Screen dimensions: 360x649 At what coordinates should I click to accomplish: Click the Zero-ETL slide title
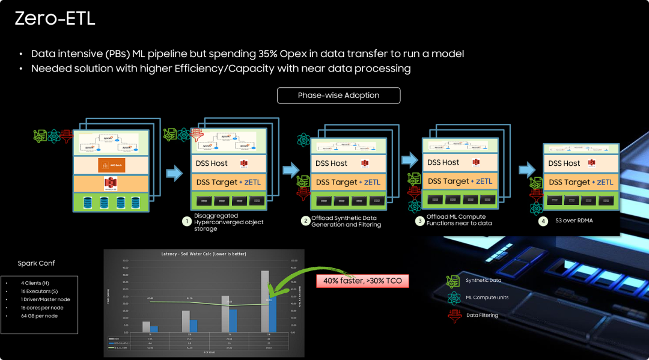coord(55,18)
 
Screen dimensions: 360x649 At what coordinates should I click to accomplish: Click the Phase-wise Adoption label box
coord(338,96)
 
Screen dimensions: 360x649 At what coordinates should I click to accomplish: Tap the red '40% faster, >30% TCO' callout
coord(362,281)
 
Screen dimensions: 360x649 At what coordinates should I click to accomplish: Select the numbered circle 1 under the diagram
coord(186,221)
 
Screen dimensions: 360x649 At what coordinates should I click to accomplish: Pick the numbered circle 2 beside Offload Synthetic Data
coord(306,221)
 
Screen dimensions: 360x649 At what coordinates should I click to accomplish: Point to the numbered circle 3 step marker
coord(419,221)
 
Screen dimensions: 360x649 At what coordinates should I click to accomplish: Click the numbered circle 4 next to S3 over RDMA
coord(543,221)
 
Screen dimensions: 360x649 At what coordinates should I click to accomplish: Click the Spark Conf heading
coord(36,263)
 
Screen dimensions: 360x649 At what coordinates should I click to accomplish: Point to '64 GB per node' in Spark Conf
coord(39,316)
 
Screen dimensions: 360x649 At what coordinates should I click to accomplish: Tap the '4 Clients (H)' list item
coord(35,282)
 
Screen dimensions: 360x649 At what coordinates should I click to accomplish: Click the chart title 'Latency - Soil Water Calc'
coord(204,254)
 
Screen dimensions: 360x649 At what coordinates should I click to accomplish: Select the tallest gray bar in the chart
coord(264,301)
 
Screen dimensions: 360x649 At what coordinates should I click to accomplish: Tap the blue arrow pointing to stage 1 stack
coord(174,173)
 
